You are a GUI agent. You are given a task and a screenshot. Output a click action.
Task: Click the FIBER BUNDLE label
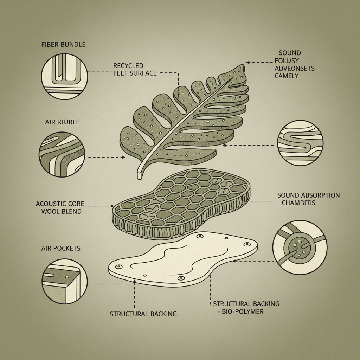pos(63,44)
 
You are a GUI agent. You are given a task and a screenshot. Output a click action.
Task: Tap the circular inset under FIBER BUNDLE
pos(65,76)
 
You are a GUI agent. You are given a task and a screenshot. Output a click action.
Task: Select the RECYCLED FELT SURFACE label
pos(135,69)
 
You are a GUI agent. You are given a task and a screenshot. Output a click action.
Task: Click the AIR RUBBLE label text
pos(62,122)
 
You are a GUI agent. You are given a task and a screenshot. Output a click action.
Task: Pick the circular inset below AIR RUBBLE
pos(62,154)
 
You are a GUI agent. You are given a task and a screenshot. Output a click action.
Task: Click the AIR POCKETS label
pos(61,248)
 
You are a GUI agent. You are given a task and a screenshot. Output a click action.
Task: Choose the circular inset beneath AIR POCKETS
pos(65,282)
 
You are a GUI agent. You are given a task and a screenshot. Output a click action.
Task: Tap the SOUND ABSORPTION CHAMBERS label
pos(308,199)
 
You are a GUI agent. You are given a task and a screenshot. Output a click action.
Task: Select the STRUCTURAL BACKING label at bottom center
pos(143,314)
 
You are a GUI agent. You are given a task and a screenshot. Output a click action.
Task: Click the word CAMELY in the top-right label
pos(287,76)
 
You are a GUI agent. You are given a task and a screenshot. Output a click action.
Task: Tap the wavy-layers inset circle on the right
pos(300,143)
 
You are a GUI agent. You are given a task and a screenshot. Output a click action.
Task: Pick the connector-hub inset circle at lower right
pos(300,247)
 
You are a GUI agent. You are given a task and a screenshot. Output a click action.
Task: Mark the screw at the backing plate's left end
pos(119,266)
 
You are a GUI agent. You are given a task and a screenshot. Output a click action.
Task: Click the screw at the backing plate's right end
pos(247,244)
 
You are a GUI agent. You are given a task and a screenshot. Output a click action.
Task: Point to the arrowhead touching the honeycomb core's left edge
pos(112,206)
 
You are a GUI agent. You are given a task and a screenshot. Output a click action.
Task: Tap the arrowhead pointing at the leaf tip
pos(248,62)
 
